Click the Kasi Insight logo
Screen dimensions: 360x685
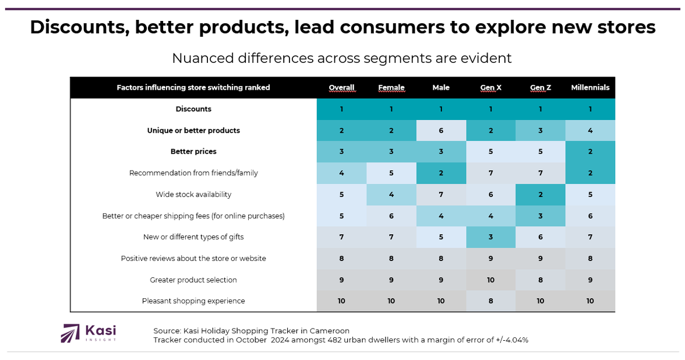(x=88, y=333)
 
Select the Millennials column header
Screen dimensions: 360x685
(x=590, y=88)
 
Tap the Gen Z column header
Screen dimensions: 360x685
(x=541, y=88)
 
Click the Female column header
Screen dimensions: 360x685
(x=391, y=88)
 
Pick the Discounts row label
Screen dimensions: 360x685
(x=193, y=109)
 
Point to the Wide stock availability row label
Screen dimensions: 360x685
(x=193, y=195)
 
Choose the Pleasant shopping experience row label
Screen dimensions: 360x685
(x=193, y=301)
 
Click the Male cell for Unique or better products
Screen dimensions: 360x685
(x=441, y=130)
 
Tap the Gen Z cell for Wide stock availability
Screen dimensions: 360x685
(x=541, y=195)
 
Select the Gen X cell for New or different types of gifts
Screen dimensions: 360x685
(x=491, y=237)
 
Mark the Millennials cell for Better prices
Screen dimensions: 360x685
(x=590, y=151)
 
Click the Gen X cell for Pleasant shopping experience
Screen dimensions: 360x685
(x=491, y=301)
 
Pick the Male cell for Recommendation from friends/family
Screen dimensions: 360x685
(x=441, y=173)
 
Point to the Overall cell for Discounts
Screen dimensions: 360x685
(x=341, y=109)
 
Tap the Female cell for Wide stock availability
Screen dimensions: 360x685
(x=391, y=195)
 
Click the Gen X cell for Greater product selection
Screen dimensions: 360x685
(x=491, y=280)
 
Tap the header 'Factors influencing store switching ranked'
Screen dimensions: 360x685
(x=193, y=88)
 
